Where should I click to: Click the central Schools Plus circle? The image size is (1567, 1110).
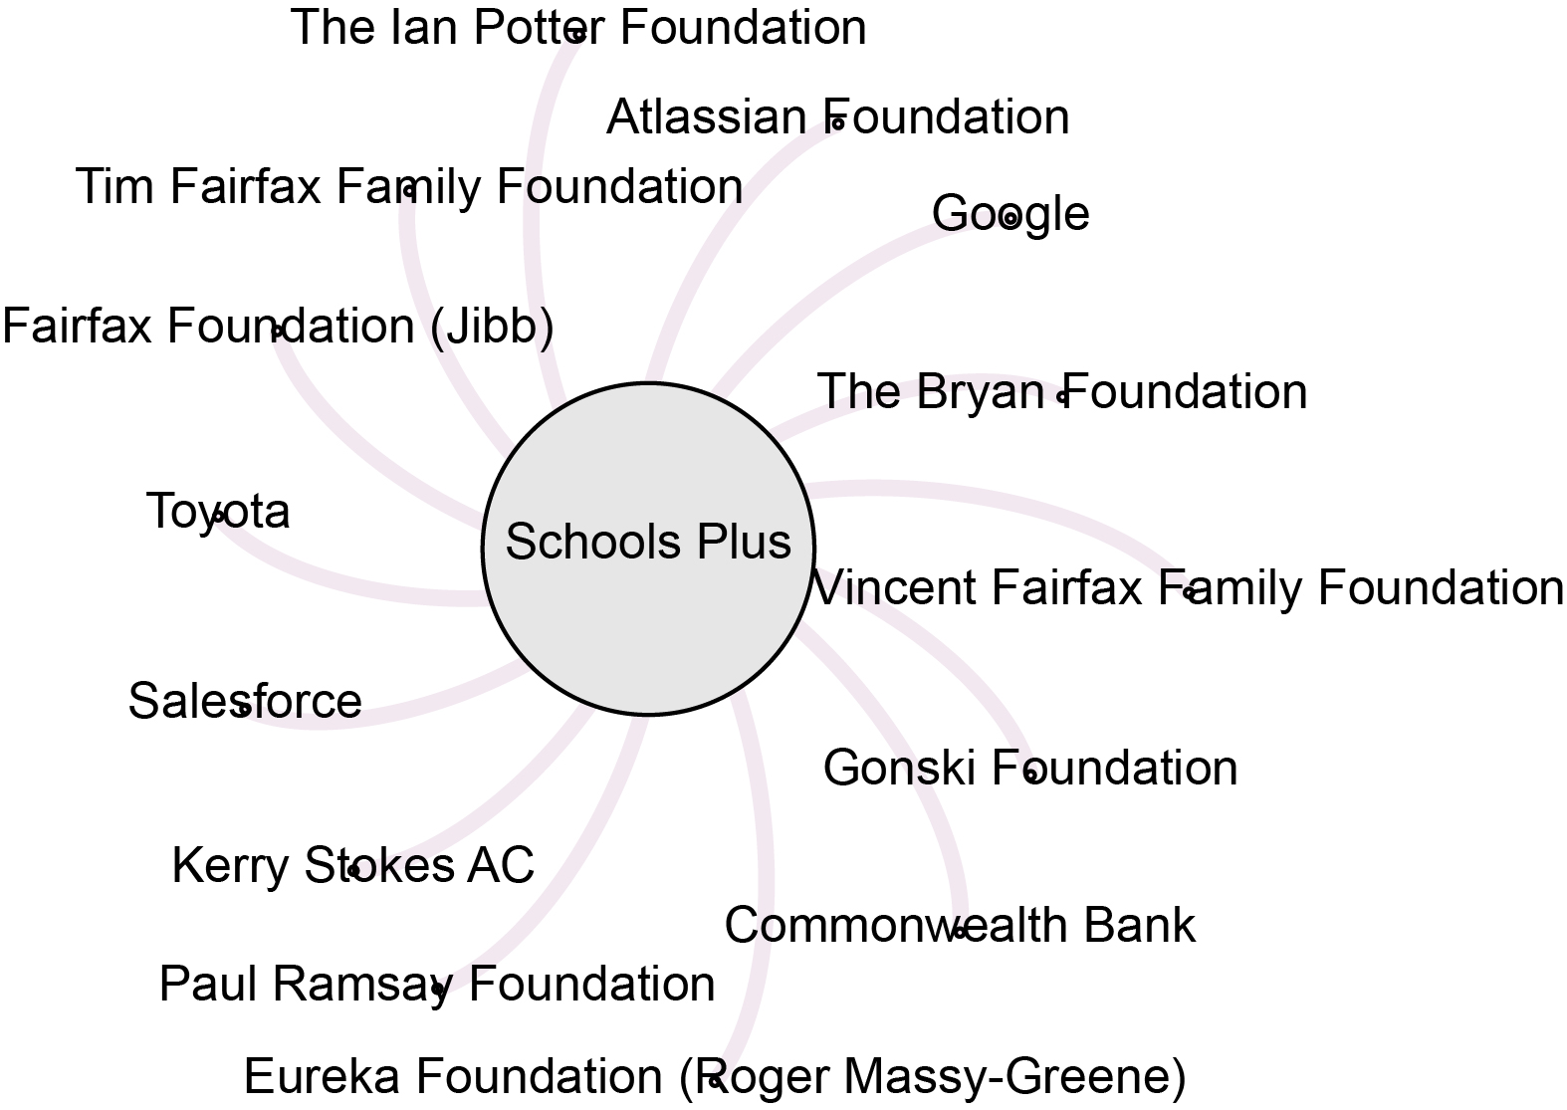coord(647,547)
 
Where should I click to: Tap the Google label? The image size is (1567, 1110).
coord(1009,214)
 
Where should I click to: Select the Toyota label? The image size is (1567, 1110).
coord(218,512)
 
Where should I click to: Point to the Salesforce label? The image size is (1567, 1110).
coord(244,701)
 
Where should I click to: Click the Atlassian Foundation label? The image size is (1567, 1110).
coord(837,117)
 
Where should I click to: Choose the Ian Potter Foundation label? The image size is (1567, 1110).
coord(577,28)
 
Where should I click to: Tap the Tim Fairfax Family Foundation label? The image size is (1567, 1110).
coord(408,187)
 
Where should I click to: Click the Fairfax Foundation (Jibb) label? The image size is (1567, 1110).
coord(278,327)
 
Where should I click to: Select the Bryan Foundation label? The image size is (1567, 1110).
coord(1061,392)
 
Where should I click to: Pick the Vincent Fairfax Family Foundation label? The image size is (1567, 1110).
coord(1188,588)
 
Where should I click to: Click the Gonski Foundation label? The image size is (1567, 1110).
coord(1030,769)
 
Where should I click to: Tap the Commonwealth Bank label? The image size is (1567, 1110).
coord(959,926)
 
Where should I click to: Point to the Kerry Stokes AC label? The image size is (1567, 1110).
coord(352,866)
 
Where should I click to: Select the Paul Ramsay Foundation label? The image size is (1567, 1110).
coord(436,985)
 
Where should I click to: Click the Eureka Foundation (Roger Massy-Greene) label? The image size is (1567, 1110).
coord(714,1077)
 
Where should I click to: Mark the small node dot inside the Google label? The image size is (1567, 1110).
coord(1009,219)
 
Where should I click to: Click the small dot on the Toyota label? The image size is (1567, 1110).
coord(219,516)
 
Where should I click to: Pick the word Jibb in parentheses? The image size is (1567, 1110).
coord(493,327)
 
